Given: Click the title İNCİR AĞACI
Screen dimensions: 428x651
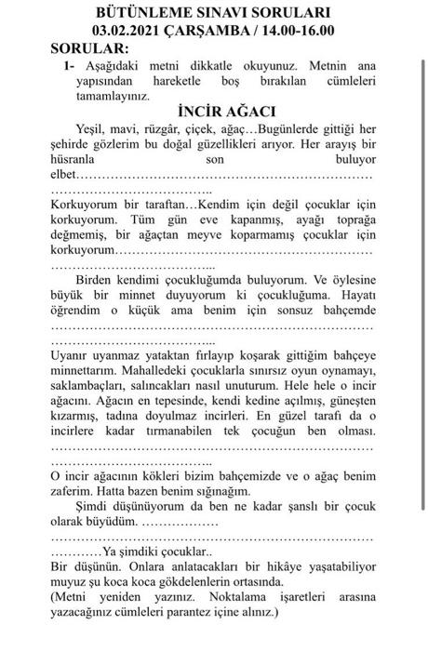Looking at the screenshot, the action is pos(213,110).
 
